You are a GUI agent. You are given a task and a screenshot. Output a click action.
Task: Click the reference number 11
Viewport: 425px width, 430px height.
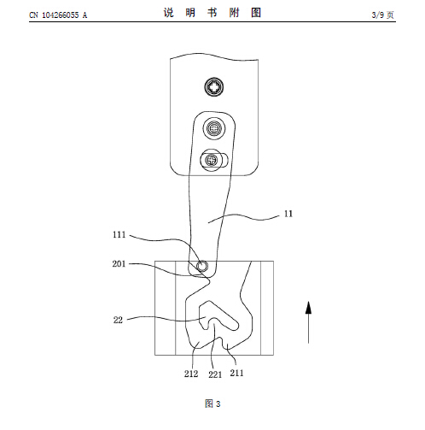pos(288,214)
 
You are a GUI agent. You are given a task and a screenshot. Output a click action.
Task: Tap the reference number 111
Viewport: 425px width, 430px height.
pos(119,235)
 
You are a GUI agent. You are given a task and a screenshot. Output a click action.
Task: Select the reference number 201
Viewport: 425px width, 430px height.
pos(119,264)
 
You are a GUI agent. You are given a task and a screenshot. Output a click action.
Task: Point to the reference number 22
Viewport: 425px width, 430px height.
pos(118,320)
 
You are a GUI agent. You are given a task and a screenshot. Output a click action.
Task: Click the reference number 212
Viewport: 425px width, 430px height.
pos(191,374)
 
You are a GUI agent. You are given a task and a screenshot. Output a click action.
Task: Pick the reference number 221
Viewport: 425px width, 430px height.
pos(215,374)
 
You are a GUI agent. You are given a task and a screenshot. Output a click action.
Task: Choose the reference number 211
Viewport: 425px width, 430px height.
pos(236,373)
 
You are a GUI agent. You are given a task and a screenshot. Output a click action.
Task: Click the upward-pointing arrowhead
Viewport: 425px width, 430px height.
pos(308,308)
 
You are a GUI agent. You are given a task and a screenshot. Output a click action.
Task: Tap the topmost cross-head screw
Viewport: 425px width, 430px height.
pos(214,86)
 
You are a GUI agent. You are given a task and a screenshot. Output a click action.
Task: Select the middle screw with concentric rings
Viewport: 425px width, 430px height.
pos(214,128)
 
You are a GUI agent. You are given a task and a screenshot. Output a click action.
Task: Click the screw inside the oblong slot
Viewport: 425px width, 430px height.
pos(211,160)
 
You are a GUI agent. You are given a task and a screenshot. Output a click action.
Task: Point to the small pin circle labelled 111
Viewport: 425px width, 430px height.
pos(201,266)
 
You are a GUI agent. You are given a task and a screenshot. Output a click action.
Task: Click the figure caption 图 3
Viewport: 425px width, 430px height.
pos(212,403)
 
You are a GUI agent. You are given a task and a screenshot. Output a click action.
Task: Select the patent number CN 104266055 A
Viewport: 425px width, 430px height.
pos(58,15)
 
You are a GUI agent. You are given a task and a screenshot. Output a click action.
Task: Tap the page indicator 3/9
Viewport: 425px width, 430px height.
pos(378,15)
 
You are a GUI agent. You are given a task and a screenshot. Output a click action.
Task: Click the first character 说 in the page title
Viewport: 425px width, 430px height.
pos(168,13)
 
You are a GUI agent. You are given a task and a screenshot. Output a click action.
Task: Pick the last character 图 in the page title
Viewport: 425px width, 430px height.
pos(256,13)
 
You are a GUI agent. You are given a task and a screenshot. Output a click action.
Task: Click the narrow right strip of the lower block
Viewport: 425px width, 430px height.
pos(267,308)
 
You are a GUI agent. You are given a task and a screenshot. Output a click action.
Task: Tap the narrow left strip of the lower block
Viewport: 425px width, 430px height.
pos(165,308)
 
